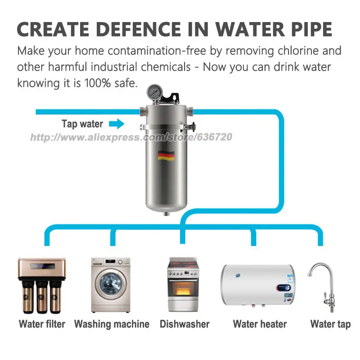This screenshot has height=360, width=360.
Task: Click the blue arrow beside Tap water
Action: [117, 124]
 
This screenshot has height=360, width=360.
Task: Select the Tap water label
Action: [82, 124]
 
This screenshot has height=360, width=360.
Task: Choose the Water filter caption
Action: [42, 324]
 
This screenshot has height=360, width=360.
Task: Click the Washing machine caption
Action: [112, 324]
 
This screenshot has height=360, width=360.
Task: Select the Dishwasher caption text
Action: [184, 324]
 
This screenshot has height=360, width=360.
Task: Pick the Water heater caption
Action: [260, 324]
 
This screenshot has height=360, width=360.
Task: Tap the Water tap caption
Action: [330, 324]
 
